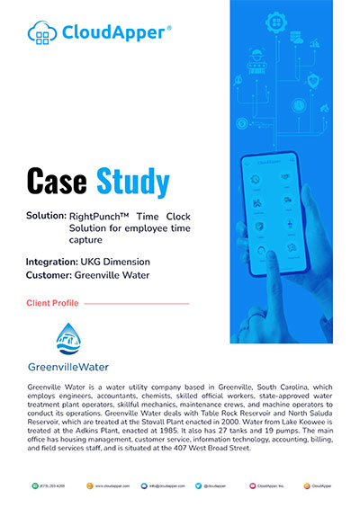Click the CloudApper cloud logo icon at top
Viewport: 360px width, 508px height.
tap(43, 34)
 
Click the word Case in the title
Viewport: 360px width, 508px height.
tap(59, 182)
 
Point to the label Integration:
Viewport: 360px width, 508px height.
tap(52, 262)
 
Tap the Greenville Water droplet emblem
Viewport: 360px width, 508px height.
tap(68, 339)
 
